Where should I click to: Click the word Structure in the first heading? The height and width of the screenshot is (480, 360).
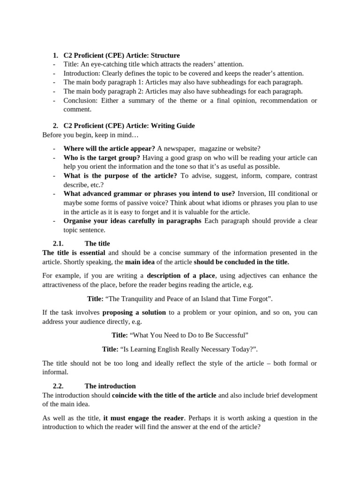point(165,55)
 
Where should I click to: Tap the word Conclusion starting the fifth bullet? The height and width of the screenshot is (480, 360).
point(81,100)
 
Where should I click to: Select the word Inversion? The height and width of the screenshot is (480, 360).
point(252,194)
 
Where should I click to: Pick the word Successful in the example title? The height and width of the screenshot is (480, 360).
point(229,335)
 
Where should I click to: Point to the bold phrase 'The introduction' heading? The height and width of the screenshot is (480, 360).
point(110,386)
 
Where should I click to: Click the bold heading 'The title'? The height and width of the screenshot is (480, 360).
point(97,243)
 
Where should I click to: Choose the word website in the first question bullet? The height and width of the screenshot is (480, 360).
point(247,149)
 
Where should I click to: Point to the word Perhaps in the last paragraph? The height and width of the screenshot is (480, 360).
point(203,418)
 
